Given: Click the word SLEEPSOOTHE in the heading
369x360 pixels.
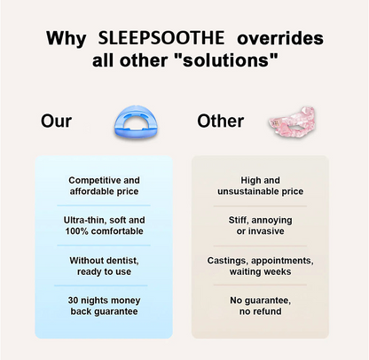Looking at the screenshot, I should (159, 41).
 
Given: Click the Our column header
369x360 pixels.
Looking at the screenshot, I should (56, 121).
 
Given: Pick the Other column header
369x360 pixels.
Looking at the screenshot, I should (220, 121).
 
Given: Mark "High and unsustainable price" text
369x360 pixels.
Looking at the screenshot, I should (260, 184).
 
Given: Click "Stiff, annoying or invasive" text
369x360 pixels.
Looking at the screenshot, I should (260, 224).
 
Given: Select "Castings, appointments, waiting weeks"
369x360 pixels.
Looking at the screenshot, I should (260, 265).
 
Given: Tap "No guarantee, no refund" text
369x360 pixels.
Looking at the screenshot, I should (260, 306).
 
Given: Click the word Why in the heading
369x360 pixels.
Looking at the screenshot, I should (67, 41).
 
